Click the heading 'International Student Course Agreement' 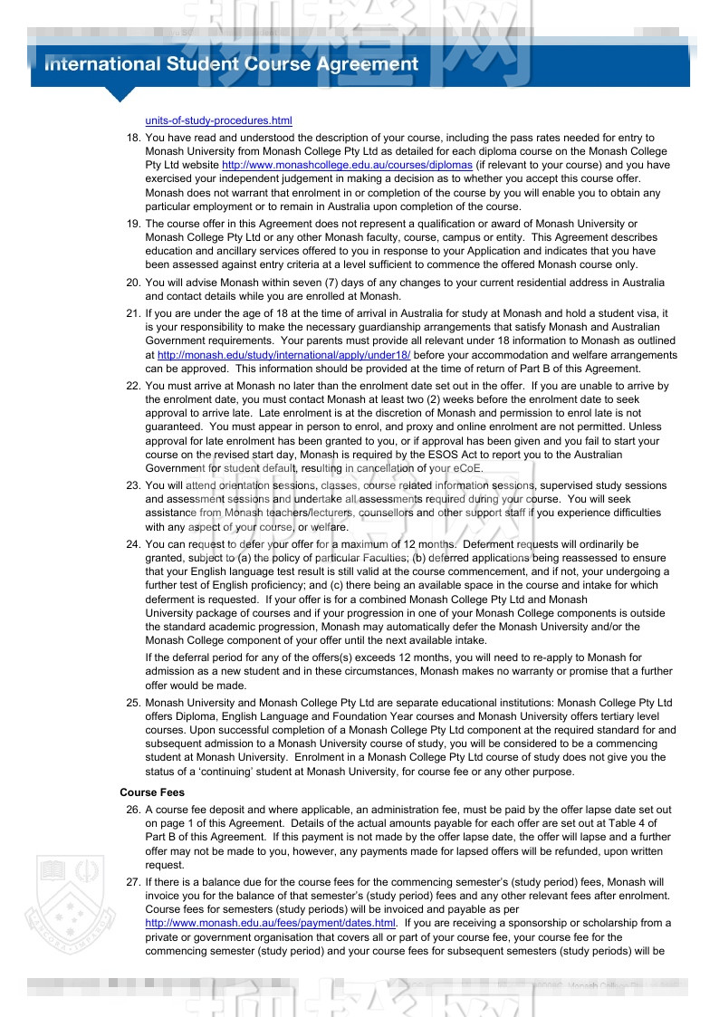(232, 64)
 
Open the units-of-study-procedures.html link (218, 120)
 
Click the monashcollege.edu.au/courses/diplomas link (347, 166)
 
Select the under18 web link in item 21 (283, 356)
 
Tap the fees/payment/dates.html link (271, 923)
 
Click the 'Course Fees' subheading (152, 792)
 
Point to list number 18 (132, 138)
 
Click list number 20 (132, 283)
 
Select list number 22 (132, 386)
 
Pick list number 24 (132, 544)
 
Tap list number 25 (132, 703)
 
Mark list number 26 (132, 810)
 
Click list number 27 (132, 881)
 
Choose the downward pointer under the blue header (120, 94)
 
